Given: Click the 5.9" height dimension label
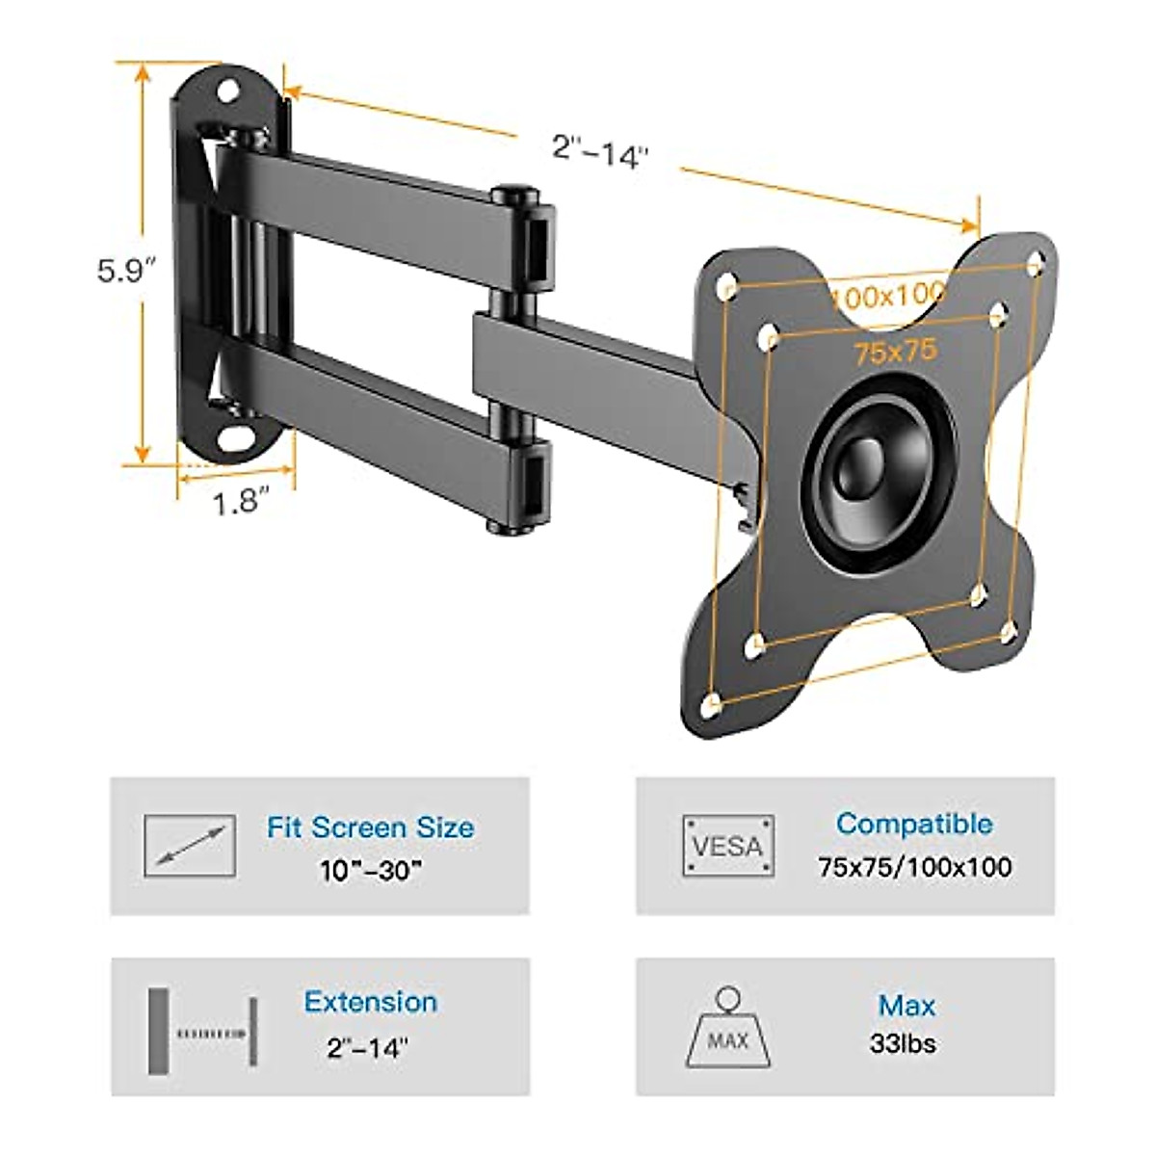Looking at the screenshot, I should pos(126,271).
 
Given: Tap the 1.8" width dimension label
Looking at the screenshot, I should pos(238,502).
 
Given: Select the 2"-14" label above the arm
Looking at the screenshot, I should pos(601,151).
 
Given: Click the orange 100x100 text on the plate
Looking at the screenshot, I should pos(888,295).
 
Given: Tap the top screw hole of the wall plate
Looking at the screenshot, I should pos(229,91).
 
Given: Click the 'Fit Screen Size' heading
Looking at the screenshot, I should pos(371,828).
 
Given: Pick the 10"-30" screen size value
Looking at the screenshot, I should pos(371,871).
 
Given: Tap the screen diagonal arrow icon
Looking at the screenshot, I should pos(190,846).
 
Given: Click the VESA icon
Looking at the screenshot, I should pos(728,846).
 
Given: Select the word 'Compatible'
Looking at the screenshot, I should pos(914,824).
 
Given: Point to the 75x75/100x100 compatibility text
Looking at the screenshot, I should pos(914,867).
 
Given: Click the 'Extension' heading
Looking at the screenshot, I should pos(371,1002).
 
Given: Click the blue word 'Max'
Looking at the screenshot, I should pos(906,1006).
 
